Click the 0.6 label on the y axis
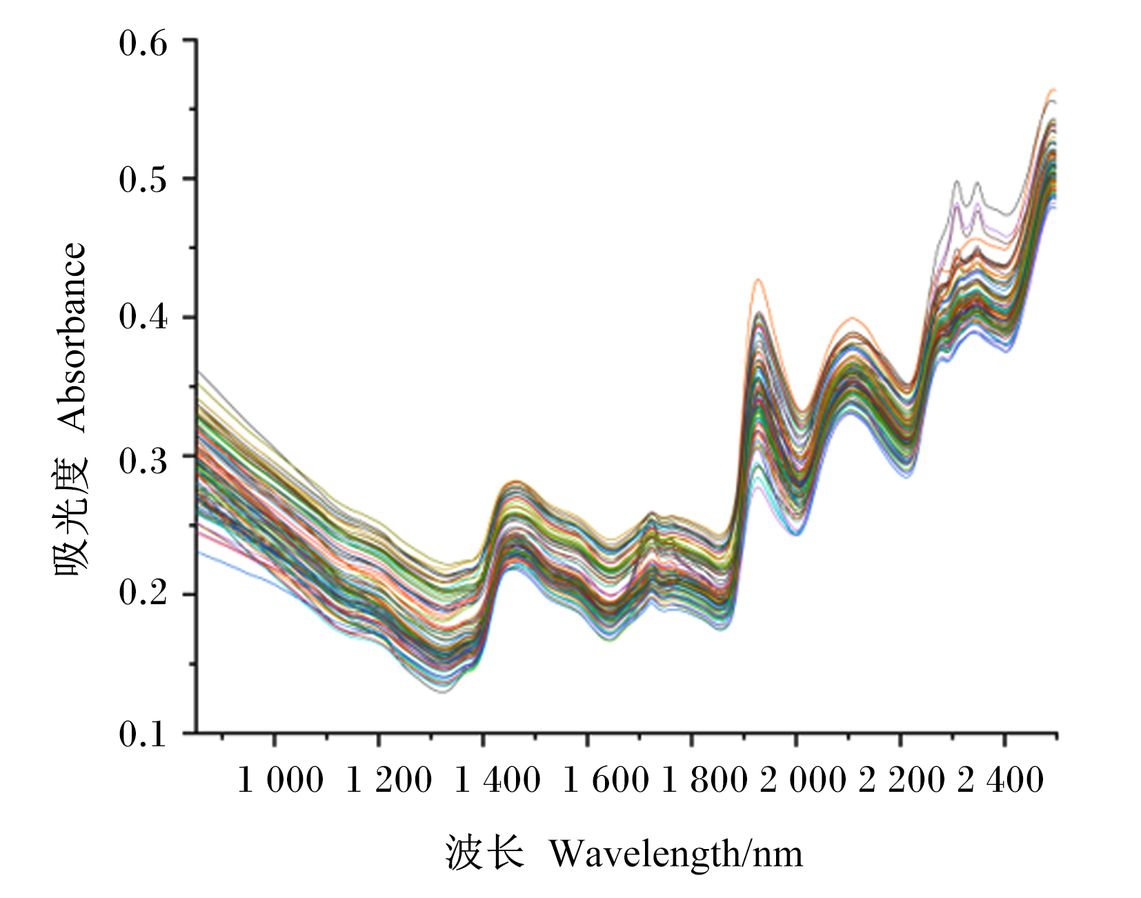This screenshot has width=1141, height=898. [x=143, y=43]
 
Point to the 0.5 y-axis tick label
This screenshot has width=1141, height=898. [x=143, y=180]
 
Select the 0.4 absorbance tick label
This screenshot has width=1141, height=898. [x=143, y=317]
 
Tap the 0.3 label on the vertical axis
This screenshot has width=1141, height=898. [x=143, y=460]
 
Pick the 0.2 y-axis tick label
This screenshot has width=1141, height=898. [x=143, y=592]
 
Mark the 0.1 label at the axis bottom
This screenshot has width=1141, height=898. [x=143, y=735]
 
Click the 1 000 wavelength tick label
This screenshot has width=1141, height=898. [x=280, y=781]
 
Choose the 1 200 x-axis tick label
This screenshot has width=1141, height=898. [x=388, y=781]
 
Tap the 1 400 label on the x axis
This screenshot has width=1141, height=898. [x=497, y=781]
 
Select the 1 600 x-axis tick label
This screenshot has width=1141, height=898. [x=606, y=781]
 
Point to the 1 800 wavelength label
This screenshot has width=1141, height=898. [x=704, y=781]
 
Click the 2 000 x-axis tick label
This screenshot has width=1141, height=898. [x=804, y=781]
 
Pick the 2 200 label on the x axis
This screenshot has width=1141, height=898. [x=902, y=781]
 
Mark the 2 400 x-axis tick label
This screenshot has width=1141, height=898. [x=1001, y=781]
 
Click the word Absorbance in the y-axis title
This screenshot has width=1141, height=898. [x=71, y=337]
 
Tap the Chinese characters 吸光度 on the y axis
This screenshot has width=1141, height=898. [x=71, y=514]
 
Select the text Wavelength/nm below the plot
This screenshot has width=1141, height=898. [x=676, y=854]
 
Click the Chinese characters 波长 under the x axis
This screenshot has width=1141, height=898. [x=484, y=852]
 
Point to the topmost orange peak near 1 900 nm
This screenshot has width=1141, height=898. [x=758, y=279]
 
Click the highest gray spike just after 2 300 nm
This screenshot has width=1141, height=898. [x=957, y=181]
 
